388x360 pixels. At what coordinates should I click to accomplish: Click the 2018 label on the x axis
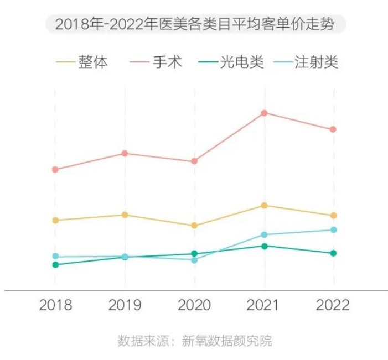point(55,305)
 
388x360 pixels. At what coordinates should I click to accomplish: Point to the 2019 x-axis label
point(125,305)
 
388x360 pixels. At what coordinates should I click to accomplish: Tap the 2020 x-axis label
point(194,305)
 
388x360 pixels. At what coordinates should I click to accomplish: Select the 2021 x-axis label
point(264,305)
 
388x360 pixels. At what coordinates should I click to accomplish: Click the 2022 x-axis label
point(333,305)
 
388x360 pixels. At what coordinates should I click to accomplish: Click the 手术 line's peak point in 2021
point(265,113)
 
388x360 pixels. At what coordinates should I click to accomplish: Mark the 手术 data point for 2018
point(55,169)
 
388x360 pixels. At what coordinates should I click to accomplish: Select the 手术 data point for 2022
point(333,129)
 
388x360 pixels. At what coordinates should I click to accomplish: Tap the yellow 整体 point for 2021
point(265,205)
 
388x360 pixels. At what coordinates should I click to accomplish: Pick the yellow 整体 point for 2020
point(194,226)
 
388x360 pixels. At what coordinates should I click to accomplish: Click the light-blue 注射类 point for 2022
point(333,229)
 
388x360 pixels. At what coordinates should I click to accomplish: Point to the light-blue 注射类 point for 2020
point(194,260)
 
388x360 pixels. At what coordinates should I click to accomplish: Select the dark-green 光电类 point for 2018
point(55,265)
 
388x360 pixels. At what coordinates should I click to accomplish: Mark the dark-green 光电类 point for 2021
point(265,246)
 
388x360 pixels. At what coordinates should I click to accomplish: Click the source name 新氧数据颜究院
point(227,341)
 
